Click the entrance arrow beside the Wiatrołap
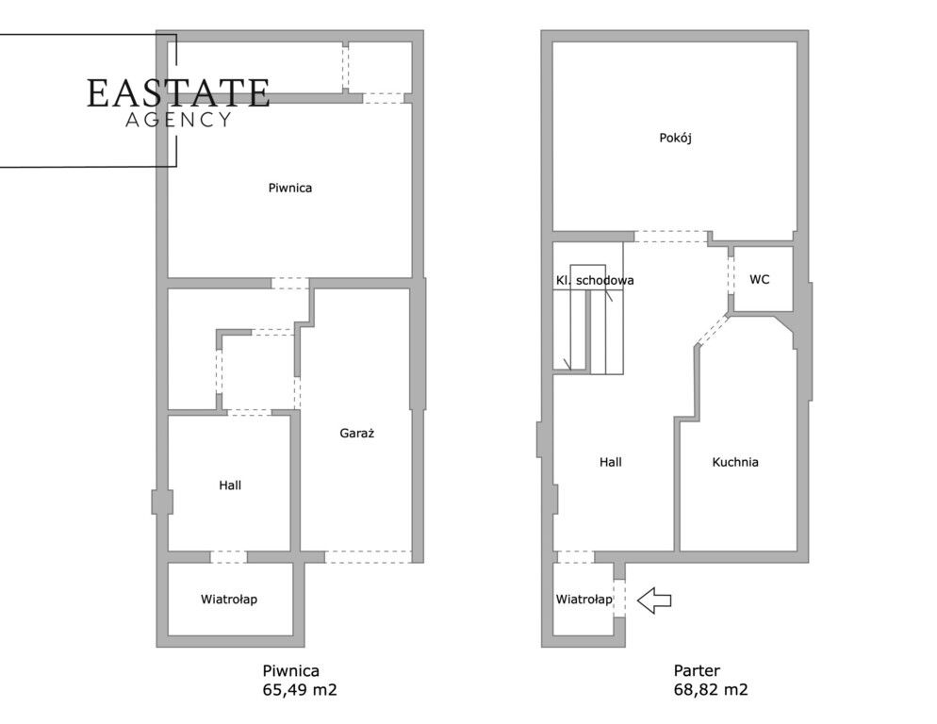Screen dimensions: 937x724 (654, 601)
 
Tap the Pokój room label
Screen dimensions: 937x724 (675, 138)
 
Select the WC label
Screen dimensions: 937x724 (760, 279)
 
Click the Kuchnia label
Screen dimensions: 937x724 (735, 462)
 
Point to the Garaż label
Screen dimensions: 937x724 (356, 433)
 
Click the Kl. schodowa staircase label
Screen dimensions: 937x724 (595, 280)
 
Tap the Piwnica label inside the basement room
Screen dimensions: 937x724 (289, 188)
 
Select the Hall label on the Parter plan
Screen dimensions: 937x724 (610, 462)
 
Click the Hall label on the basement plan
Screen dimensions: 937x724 (230, 485)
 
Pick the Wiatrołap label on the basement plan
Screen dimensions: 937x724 (229, 599)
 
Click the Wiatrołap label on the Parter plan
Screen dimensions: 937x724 (584, 599)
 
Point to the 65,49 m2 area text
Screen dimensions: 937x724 (300, 690)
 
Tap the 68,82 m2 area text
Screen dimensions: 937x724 (711, 690)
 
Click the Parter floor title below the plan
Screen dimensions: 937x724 (697, 671)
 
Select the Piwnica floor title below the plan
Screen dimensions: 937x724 (290, 671)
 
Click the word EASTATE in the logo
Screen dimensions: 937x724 (178, 93)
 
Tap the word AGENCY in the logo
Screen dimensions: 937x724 (178, 120)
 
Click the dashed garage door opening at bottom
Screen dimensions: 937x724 (368, 556)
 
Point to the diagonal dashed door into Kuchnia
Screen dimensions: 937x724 (713, 330)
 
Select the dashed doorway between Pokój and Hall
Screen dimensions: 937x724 (671, 237)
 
